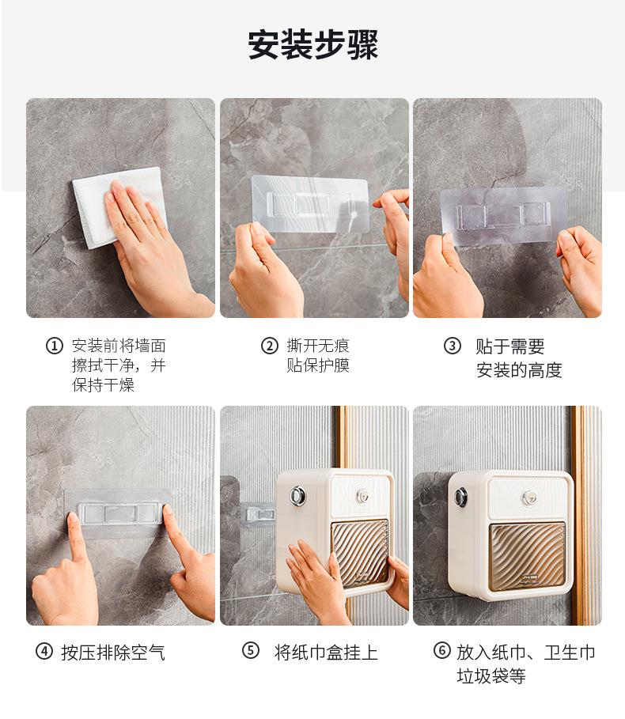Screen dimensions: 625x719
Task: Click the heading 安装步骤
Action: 312,44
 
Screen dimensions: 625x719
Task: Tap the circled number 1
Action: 54,346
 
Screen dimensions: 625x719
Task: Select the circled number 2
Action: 270,346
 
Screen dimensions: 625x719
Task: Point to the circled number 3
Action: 452,346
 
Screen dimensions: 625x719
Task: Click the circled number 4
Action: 44,651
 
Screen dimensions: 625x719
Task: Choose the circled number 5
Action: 250,650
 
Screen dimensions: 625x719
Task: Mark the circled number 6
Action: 442,650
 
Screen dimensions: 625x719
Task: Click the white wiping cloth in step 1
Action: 119,206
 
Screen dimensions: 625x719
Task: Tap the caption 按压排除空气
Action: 113,652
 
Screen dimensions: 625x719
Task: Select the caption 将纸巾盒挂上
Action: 326,652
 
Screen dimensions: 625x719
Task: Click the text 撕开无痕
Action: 318,346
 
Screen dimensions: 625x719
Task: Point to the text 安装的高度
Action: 519,370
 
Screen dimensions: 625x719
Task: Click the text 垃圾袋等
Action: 491,675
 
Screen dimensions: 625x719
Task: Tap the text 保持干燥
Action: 103,385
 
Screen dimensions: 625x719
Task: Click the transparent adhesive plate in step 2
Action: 310,203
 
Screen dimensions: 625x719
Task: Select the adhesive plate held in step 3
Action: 503,214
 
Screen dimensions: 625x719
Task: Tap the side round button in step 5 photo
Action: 297,495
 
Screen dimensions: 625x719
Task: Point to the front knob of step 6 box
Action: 530,496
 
